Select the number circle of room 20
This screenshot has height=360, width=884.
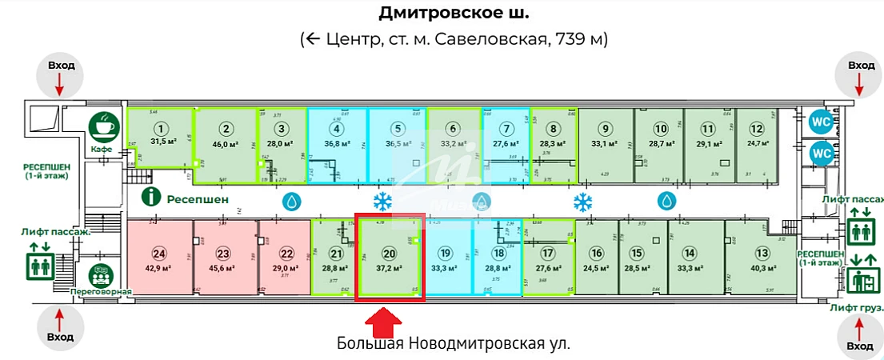[390, 254]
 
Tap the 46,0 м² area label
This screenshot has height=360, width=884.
[226, 144]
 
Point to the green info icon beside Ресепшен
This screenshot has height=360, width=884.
[148, 197]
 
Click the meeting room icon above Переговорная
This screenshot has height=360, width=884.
[100, 275]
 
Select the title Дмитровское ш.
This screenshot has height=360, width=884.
[453, 14]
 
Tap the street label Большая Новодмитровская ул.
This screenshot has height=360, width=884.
[454, 344]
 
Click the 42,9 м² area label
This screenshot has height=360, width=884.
[159, 270]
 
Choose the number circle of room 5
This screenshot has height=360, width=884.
[397, 128]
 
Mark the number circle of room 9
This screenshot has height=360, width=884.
[606, 128]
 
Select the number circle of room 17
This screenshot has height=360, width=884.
[548, 254]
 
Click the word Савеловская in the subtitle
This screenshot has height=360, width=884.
[491, 38]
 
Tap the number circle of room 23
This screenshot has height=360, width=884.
[224, 254]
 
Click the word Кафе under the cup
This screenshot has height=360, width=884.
[102, 150]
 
